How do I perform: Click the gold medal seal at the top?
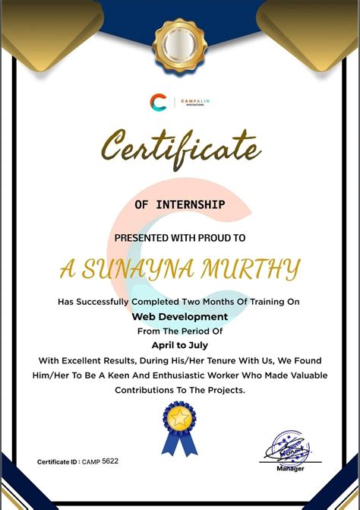[x=179, y=46]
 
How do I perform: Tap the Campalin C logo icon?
[x=158, y=103]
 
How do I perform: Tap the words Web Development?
[x=180, y=316]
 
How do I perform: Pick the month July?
[x=205, y=344]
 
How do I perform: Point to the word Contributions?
[x=150, y=390]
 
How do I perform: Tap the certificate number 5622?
[x=110, y=461]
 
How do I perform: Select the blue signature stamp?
[x=287, y=448]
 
